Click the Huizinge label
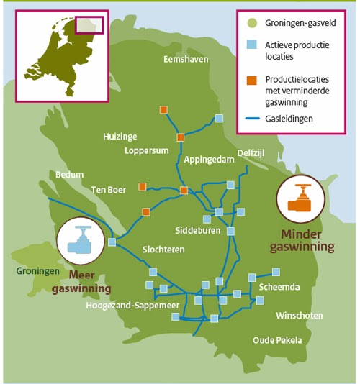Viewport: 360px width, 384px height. pyautogui.click(x=120, y=136)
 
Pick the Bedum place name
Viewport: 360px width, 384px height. pyautogui.click(x=70, y=174)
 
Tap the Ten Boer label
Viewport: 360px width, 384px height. pyautogui.click(x=109, y=190)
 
